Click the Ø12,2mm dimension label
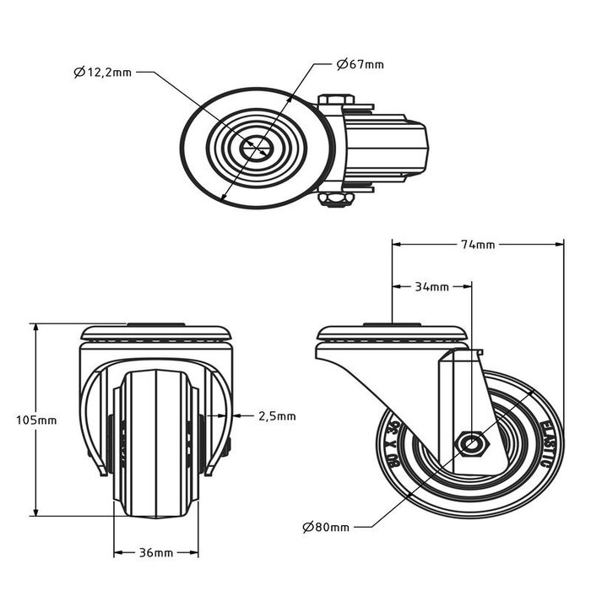[x=102, y=73]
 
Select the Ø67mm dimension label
[x=360, y=64]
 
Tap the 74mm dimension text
[x=478, y=245]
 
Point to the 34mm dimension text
[x=431, y=287]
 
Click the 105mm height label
[x=36, y=420]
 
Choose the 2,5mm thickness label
[x=277, y=415]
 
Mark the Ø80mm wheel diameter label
[x=325, y=528]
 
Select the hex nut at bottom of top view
[x=336, y=199]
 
